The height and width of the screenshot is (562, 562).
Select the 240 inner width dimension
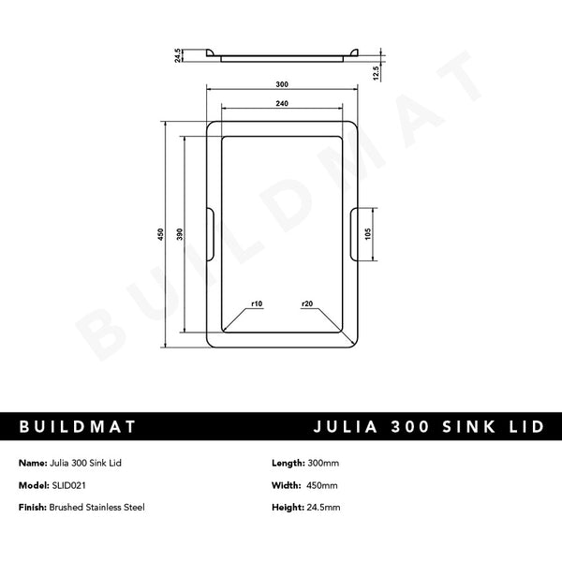coord(282,103)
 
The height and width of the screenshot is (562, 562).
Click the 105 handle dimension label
coord(369,232)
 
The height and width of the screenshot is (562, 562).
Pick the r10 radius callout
coord(257,304)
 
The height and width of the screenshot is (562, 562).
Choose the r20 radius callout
coord(307,304)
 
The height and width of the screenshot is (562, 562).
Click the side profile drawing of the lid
coord(282,55)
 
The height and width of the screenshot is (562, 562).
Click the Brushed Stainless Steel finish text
coord(97,507)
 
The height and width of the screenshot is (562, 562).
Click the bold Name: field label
coord(33,464)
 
